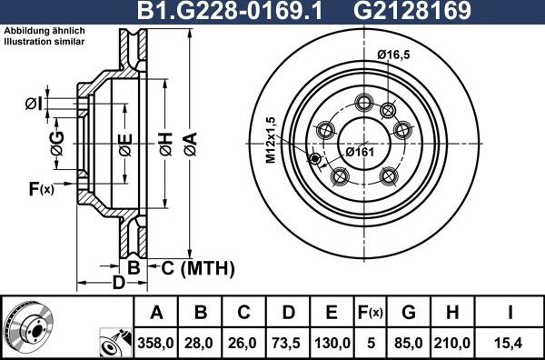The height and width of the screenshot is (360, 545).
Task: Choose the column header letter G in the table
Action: tap(409, 314)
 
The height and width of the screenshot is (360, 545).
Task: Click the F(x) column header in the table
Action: tap(371, 314)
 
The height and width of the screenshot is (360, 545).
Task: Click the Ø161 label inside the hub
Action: tap(360, 151)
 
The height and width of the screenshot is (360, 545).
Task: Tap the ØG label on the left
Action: tap(57, 141)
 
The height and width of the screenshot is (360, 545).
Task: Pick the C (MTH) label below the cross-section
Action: tap(197, 268)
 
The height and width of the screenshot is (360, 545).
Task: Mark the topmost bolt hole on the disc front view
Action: tap(365, 101)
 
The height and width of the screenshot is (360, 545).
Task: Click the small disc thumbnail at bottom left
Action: tap(31, 325)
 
